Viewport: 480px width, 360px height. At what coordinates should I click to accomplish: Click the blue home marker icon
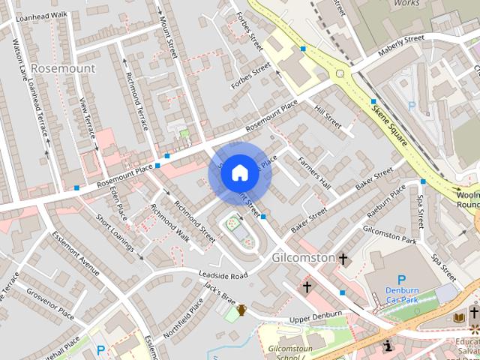tap(239, 173)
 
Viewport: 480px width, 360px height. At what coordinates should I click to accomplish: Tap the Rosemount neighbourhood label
tap(64, 68)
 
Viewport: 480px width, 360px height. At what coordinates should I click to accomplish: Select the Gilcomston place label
tap(300, 257)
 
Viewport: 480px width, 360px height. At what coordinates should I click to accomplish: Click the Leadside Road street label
tap(223, 276)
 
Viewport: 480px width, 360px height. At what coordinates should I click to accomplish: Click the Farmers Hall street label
tap(313, 172)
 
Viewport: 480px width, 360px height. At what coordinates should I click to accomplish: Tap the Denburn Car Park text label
tap(401, 295)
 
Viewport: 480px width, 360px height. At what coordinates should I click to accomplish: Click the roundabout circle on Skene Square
tap(340, 74)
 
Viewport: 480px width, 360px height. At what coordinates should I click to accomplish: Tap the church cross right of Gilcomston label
tap(343, 259)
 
